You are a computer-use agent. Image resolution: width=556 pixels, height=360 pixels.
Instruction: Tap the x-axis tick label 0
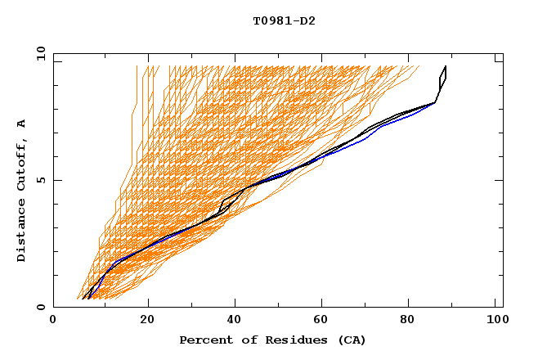tap(53, 321)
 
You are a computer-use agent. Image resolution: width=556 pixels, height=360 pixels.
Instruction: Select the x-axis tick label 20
tap(148, 321)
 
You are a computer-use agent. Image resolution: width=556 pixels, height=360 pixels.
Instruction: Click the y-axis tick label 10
tap(40, 54)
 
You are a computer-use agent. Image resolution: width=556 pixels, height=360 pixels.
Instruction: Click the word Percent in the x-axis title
tap(204, 340)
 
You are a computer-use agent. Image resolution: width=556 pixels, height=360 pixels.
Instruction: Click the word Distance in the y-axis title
tap(22, 233)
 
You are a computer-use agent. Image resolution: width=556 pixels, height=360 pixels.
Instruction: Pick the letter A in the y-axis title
tap(22, 124)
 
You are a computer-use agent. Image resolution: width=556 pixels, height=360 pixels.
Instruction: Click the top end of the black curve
tap(446, 66)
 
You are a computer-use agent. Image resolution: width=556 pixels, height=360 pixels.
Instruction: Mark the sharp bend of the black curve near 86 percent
tap(434, 102)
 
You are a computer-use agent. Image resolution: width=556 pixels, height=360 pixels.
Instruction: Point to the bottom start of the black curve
tap(83, 299)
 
